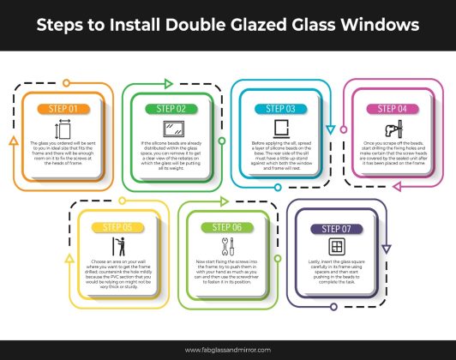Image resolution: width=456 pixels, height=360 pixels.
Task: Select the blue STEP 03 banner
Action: pos(279,109)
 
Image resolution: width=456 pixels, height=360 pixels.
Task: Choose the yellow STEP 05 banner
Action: pos(116,227)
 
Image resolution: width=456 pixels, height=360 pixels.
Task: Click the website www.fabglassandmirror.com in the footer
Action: pos(227,350)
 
